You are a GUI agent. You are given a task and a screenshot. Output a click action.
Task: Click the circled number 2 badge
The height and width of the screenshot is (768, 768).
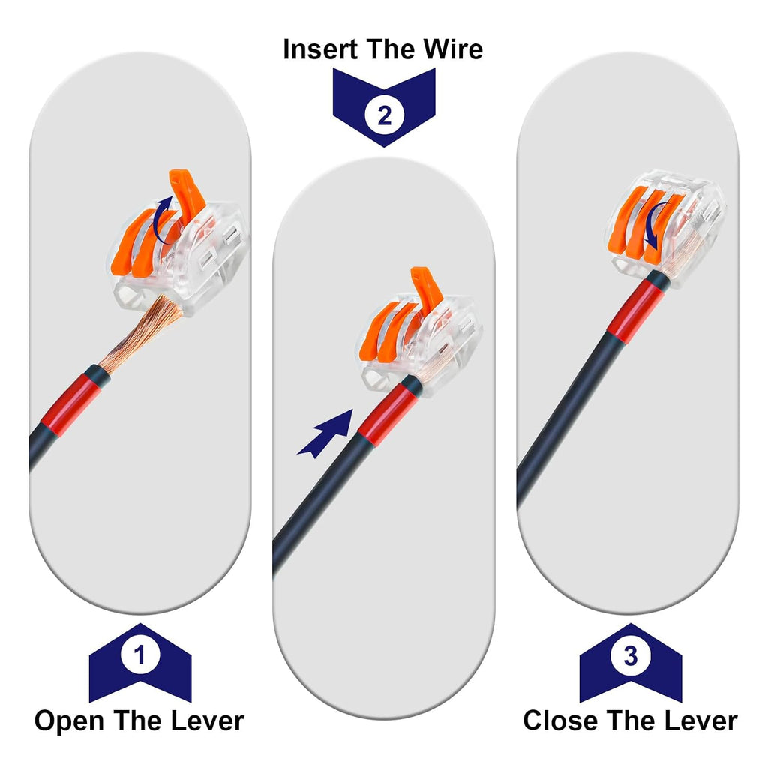pyautogui.click(x=385, y=116)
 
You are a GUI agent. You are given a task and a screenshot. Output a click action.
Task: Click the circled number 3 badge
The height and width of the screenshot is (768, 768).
pyautogui.click(x=631, y=656)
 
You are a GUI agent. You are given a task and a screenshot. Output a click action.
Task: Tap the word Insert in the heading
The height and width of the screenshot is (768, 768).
pyautogui.click(x=321, y=49)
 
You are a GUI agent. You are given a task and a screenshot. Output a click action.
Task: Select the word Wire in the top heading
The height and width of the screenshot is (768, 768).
pyautogui.click(x=453, y=49)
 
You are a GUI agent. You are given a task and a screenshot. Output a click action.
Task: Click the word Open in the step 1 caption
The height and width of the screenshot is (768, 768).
pyautogui.click(x=69, y=722)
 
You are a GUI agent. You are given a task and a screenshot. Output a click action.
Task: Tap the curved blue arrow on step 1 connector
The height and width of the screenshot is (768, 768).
pyautogui.click(x=162, y=220)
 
